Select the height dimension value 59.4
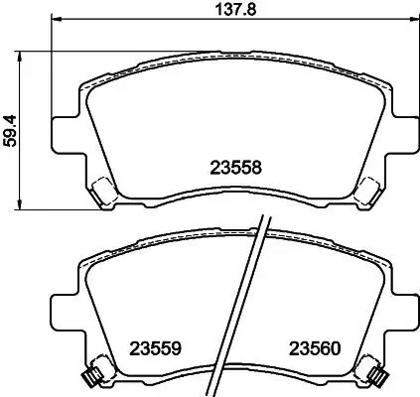click(11, 129)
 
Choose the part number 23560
click(315, 348)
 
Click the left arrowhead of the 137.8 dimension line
click(56, 20)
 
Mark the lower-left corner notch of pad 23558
click(101, 191)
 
